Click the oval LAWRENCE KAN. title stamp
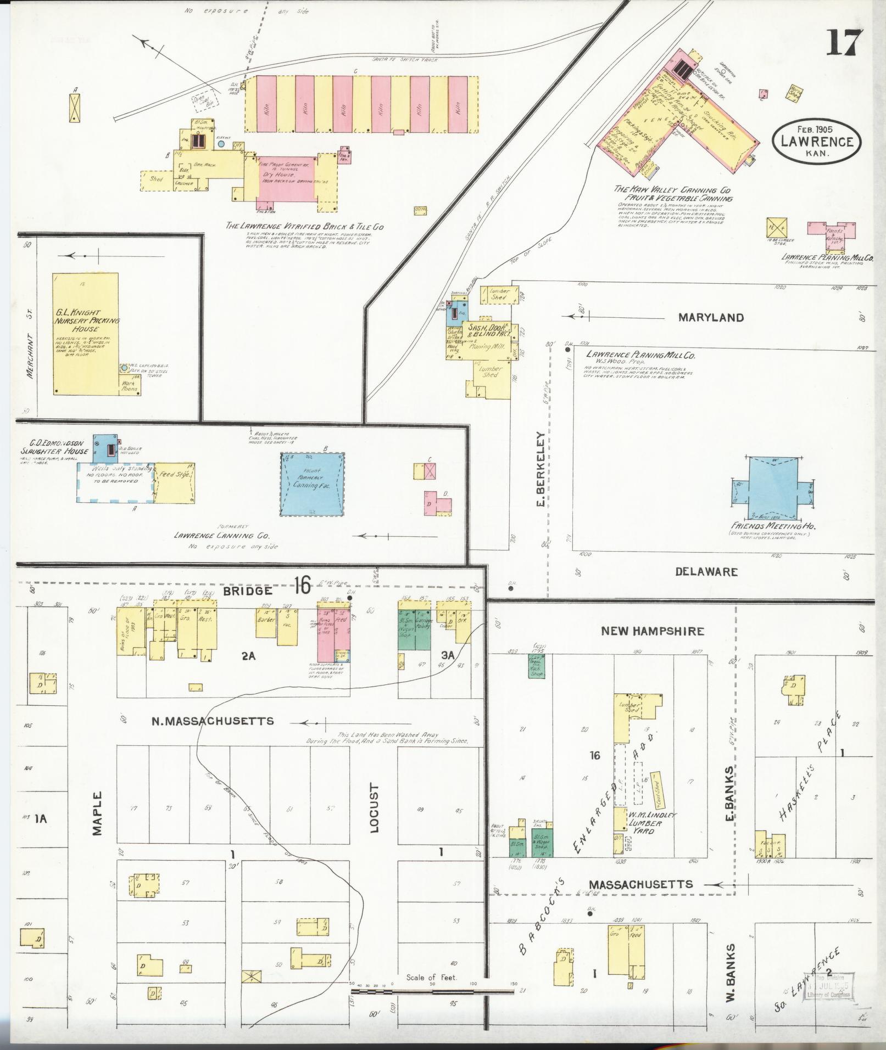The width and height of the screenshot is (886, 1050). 817,141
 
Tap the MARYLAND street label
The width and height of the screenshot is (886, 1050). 711,317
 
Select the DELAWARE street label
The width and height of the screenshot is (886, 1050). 706,571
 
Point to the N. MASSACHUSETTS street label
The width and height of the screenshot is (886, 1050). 213,721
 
